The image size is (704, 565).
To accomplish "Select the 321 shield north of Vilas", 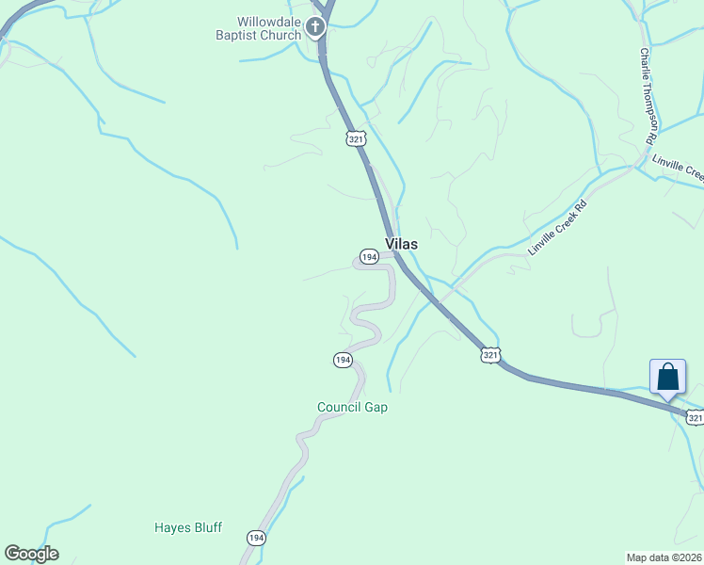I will (x=355, y=138).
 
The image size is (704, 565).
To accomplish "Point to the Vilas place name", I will (x=401, y=243).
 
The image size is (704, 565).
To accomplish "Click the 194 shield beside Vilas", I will (x=368, y=256).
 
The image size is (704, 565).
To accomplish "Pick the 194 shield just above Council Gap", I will (x=343, y=360).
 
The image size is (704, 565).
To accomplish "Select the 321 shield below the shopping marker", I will (x=695, y=417).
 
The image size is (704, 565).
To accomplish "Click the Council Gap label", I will (x=352, y=407).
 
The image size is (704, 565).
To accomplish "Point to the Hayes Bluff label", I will (x=188, y=527).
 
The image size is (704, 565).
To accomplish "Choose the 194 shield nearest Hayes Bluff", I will (x=256, y=537).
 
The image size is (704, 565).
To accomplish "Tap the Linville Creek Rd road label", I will (x=557, y=228).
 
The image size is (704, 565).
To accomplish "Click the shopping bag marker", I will (x=667, y=377).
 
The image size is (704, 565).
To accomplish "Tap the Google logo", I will (x=31, y=554).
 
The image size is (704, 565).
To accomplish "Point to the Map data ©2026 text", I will (x=664, y=557).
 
